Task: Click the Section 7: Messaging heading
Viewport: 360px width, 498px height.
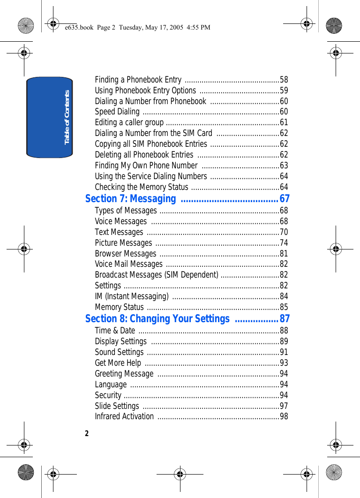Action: (x=131, y=199)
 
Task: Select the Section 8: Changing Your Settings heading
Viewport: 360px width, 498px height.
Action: (x=157, y=319)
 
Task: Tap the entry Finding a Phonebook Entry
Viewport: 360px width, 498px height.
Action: (x=138, y=80)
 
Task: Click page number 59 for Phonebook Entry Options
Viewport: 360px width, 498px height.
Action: (x=284, y=91)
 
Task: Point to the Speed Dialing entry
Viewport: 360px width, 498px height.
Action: (x=117, y=112)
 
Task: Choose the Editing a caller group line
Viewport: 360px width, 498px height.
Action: (x=129, y=122)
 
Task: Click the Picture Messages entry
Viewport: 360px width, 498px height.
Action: (x=123, y=243)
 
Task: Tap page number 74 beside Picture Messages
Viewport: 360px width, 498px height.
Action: (x=284, y=243)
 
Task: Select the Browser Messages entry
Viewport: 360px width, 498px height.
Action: (x=126, y=254)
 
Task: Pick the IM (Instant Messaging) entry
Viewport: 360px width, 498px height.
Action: (x=132, y=296)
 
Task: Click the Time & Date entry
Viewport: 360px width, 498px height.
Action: (x=115, y=331)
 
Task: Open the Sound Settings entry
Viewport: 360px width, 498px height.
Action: (x=120, y=352)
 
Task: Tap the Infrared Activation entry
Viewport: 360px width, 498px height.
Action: (x=124, y=416)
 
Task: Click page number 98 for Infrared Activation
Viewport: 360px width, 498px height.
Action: (x=284, y=416)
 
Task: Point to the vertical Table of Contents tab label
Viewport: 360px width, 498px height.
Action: (x=67, y=117)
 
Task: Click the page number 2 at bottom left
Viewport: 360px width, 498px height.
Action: (x=87, y=433)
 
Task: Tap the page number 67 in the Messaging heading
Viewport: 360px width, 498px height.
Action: (x=285, y=199)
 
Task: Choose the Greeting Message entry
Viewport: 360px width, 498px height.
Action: (x=124, y=374)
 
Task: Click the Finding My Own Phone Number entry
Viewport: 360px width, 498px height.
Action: (x=146, y=166)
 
